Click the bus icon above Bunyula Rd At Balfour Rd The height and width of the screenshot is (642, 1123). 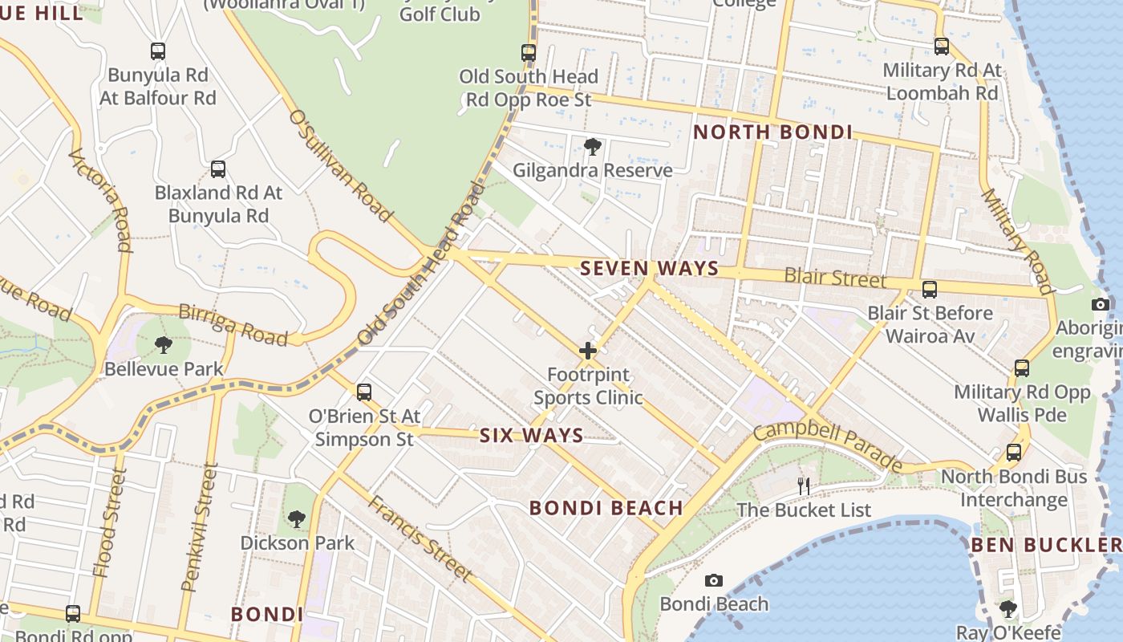158,51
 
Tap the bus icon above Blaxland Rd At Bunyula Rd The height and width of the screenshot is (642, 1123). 217,169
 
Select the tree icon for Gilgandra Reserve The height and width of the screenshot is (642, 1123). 593,147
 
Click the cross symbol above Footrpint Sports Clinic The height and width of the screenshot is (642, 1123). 588,351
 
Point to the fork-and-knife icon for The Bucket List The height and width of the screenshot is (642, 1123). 803,486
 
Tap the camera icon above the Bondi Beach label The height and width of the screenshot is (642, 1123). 713,580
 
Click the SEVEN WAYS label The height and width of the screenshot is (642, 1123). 649,268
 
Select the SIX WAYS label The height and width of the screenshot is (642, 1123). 531,436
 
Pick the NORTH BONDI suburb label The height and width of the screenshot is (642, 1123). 772,132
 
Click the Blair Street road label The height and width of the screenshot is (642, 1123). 835,278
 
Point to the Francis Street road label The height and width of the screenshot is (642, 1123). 420,538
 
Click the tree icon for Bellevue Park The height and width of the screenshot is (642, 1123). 164,346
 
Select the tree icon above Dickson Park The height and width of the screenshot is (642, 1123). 297,519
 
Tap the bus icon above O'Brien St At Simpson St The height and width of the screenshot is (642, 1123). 364,392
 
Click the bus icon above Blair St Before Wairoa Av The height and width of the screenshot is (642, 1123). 930,289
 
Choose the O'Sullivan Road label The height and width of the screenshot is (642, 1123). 340,166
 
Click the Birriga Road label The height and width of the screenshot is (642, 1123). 233,324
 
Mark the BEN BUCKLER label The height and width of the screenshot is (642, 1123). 1045,546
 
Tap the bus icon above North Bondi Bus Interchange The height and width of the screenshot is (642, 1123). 1014,452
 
